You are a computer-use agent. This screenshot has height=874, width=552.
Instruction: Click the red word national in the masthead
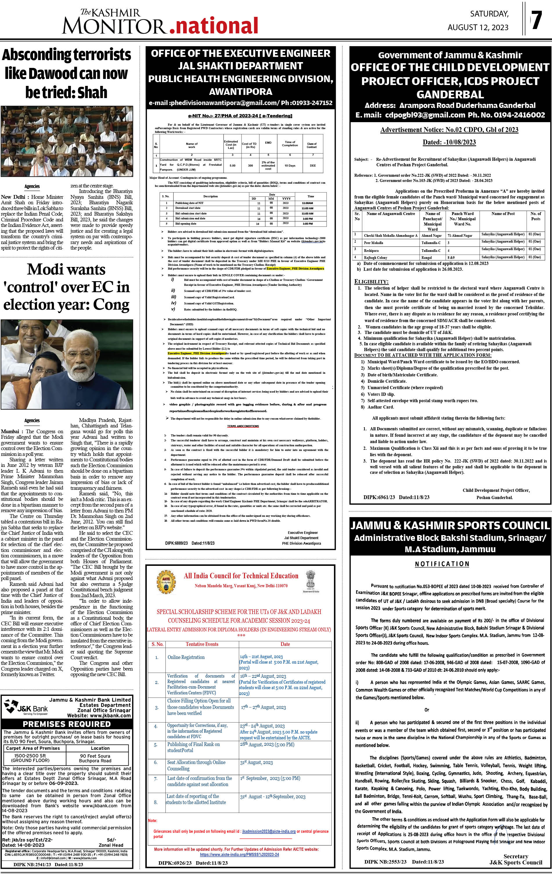214,26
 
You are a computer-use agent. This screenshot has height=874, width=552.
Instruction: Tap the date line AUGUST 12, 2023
478,28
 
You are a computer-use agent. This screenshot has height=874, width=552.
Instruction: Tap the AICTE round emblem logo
166,582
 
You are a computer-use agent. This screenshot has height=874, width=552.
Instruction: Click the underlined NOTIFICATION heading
442,564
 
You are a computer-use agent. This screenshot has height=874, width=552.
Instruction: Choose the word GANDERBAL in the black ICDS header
450,95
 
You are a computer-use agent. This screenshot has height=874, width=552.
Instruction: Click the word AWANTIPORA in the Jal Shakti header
241,91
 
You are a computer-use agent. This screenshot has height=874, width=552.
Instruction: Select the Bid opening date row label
185,224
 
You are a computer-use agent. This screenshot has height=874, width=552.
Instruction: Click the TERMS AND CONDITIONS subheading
243,426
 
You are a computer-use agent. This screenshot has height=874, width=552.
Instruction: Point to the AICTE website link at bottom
239,854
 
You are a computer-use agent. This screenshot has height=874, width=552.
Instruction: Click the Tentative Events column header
202,644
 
